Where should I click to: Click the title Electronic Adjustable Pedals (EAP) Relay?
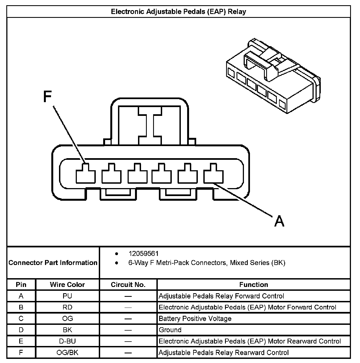pos(178,12)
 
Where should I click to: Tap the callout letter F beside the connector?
pos(47,97)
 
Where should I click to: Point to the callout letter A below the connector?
pos(279,221)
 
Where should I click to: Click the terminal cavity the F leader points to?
pos(86,174)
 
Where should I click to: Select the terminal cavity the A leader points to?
pos(213,174)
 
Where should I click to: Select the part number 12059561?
pos(144,253)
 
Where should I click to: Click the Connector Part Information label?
pos(53,263)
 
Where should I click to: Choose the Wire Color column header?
pos(67,285)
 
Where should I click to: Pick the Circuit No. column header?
pos(128,285)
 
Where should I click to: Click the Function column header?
pos(254,285)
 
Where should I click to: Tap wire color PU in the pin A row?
pos(67,296)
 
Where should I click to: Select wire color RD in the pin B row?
pos(67,308)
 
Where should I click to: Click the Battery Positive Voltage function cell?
pos(195,319)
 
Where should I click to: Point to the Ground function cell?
pos(170,330)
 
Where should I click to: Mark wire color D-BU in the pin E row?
pos(67,341)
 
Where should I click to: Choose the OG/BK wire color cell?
pos(67,353)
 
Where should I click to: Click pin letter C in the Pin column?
pos(21,319)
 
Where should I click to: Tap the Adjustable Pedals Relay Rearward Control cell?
pos(224,353)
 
